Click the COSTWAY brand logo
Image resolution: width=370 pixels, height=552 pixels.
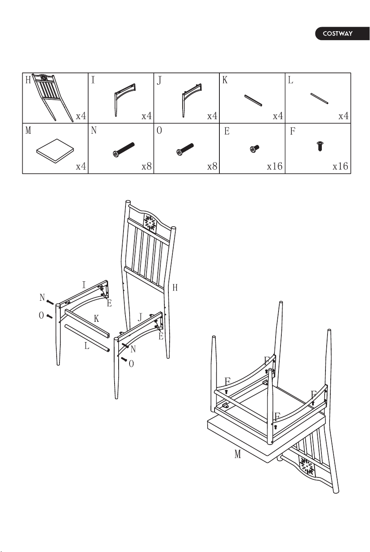coord(342,34)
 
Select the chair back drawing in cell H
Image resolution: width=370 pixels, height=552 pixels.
coord(53,98)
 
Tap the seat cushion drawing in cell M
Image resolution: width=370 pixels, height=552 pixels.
coord(55,151)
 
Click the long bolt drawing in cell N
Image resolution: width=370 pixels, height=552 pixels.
coord(124,150)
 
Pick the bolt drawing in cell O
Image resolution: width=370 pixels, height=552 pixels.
coord(185,149)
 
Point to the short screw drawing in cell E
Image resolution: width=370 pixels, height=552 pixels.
coord(255,149)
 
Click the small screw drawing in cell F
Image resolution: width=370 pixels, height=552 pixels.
coord(320,146)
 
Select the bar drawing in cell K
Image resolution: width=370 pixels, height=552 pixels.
coord(253,100)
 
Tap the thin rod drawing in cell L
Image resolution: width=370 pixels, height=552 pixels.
coord(319,98)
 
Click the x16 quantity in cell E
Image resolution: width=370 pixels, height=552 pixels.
coord(275,167)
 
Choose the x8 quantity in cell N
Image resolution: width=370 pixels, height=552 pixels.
coord(147,167)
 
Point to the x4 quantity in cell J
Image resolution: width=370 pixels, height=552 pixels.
coord(212,116)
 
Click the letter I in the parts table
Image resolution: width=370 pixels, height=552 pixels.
coord(93,80)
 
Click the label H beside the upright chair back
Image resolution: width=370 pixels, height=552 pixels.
coord(175,287)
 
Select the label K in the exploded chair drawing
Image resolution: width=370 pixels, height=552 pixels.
coord(96,319)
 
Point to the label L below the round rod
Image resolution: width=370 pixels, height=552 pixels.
coord(87,346)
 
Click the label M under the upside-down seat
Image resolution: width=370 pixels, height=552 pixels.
coord(238,454)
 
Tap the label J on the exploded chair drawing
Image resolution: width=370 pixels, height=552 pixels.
coord(140,317)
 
